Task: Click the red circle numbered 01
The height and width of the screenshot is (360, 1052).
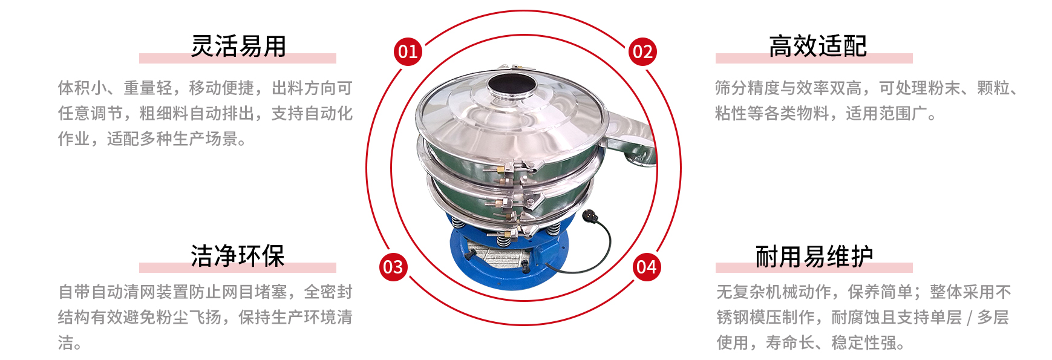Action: [x=408, y=51]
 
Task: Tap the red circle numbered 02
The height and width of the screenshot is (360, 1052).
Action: [x=642, y=51]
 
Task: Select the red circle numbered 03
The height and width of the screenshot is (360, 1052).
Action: [x=393, y=267]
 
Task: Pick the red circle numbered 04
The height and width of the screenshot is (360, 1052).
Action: [x=647, y=267]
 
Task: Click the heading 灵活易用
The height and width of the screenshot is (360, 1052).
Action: [x=238, y=46]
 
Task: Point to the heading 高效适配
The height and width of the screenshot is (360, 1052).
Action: [x=818, y=46]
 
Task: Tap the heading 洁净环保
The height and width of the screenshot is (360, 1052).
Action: [x=238, y=256]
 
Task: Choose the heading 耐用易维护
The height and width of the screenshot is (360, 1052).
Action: [x=814, y=256]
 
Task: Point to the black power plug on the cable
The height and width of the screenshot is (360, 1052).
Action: [x=589, y=215]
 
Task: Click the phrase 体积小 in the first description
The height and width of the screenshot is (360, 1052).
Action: [x=82, y=88]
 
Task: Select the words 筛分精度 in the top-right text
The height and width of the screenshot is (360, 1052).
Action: [x=748, y=88]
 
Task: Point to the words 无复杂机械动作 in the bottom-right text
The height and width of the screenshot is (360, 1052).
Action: [x=774, y=292]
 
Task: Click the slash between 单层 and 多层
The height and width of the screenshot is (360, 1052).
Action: [x=970, y=318]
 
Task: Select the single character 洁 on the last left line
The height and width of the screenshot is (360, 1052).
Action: [x=66, y=343]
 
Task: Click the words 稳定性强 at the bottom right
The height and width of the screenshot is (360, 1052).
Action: [x=864, y=343]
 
